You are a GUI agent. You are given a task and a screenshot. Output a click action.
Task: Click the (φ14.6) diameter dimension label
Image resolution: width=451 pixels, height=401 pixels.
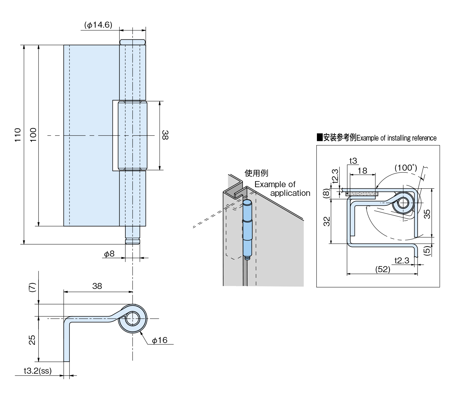(x=98, y=25)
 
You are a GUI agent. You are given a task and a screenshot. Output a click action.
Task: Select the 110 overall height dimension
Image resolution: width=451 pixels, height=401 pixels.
(x=18, y=135)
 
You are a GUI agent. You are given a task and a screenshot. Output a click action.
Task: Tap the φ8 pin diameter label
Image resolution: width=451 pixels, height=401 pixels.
(x=109, y=254)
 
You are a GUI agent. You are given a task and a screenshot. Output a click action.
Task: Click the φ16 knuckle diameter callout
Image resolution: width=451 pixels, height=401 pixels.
(x=159, y=340)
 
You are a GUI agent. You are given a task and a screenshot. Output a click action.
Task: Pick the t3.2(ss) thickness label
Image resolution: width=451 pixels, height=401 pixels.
(x=38, y=371)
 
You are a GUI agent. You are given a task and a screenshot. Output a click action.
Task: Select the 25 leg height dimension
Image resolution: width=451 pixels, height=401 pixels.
(x=32, y=340)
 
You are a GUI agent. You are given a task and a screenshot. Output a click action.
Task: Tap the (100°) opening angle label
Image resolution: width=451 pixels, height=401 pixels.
(x=406, y=168)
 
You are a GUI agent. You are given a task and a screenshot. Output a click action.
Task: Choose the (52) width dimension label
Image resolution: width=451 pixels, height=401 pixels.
(x=382, y=269)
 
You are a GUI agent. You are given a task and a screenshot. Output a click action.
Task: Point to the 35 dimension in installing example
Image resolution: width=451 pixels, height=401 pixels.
(x=427, y=214)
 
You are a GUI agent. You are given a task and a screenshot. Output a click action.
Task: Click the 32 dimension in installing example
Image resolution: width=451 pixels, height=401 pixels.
(x=327, y=221)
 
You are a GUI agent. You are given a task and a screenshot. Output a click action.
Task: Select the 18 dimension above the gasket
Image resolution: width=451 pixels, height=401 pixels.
(x=362, y=171)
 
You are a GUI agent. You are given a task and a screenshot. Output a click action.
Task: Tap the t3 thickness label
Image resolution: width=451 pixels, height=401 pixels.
(x=353, y=161)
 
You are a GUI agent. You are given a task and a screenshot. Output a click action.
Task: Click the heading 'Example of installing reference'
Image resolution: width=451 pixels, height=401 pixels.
(x=396, y=138)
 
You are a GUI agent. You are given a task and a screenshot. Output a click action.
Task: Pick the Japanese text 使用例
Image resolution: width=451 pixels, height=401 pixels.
(x=256, y=173)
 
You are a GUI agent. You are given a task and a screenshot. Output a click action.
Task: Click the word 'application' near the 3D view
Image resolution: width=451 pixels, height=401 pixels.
(x=290, y=193)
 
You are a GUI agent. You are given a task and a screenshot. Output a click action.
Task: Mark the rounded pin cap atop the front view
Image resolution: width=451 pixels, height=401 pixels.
(x=133, y=42)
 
